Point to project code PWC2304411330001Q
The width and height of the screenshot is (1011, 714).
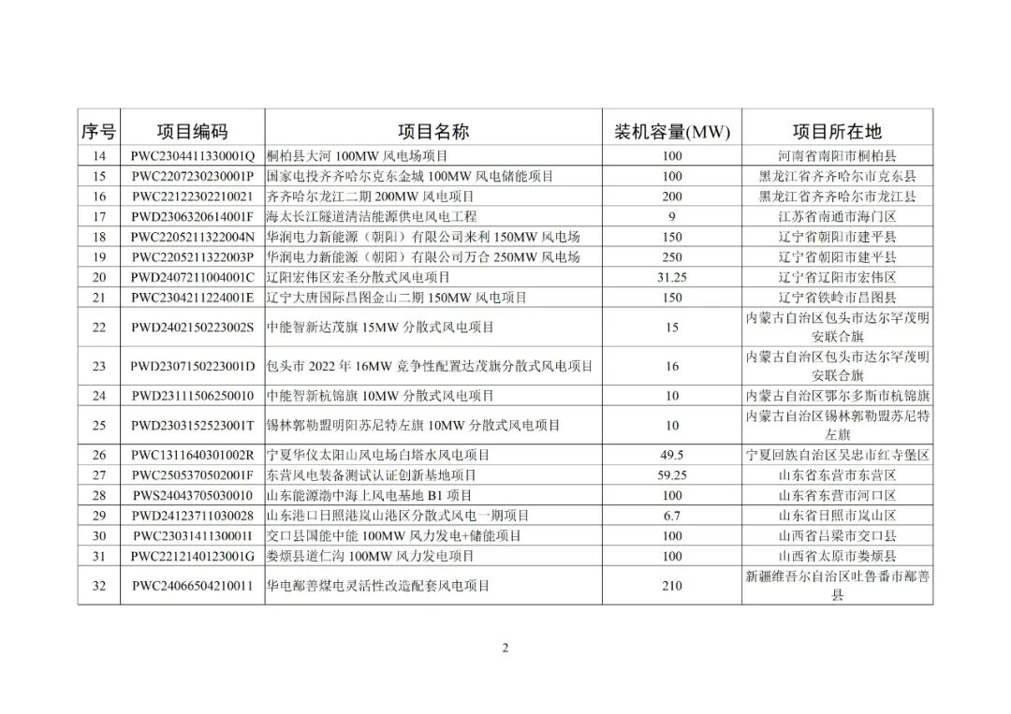pos(192,155)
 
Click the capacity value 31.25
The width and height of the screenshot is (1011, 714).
pos(671,277)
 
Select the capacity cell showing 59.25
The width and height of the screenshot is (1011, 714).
pos(671,475)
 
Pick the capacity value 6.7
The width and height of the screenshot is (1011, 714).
pos(671,516)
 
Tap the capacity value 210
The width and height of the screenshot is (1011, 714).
pos(671,586)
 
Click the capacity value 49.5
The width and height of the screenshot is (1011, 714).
pos(671,455)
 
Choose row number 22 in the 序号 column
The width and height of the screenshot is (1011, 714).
pos(99,328)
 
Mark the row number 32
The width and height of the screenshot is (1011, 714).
pos(99,586)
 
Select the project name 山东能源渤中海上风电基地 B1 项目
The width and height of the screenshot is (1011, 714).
pos(370,495)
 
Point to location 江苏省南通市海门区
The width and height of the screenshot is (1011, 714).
pos(837,216)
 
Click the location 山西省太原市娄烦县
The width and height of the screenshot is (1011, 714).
pos(837,556)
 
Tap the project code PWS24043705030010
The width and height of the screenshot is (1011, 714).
pos(192,495)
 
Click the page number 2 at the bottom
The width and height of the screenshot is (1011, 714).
pos(505,648)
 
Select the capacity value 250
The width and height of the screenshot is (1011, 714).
pos(671,256)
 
